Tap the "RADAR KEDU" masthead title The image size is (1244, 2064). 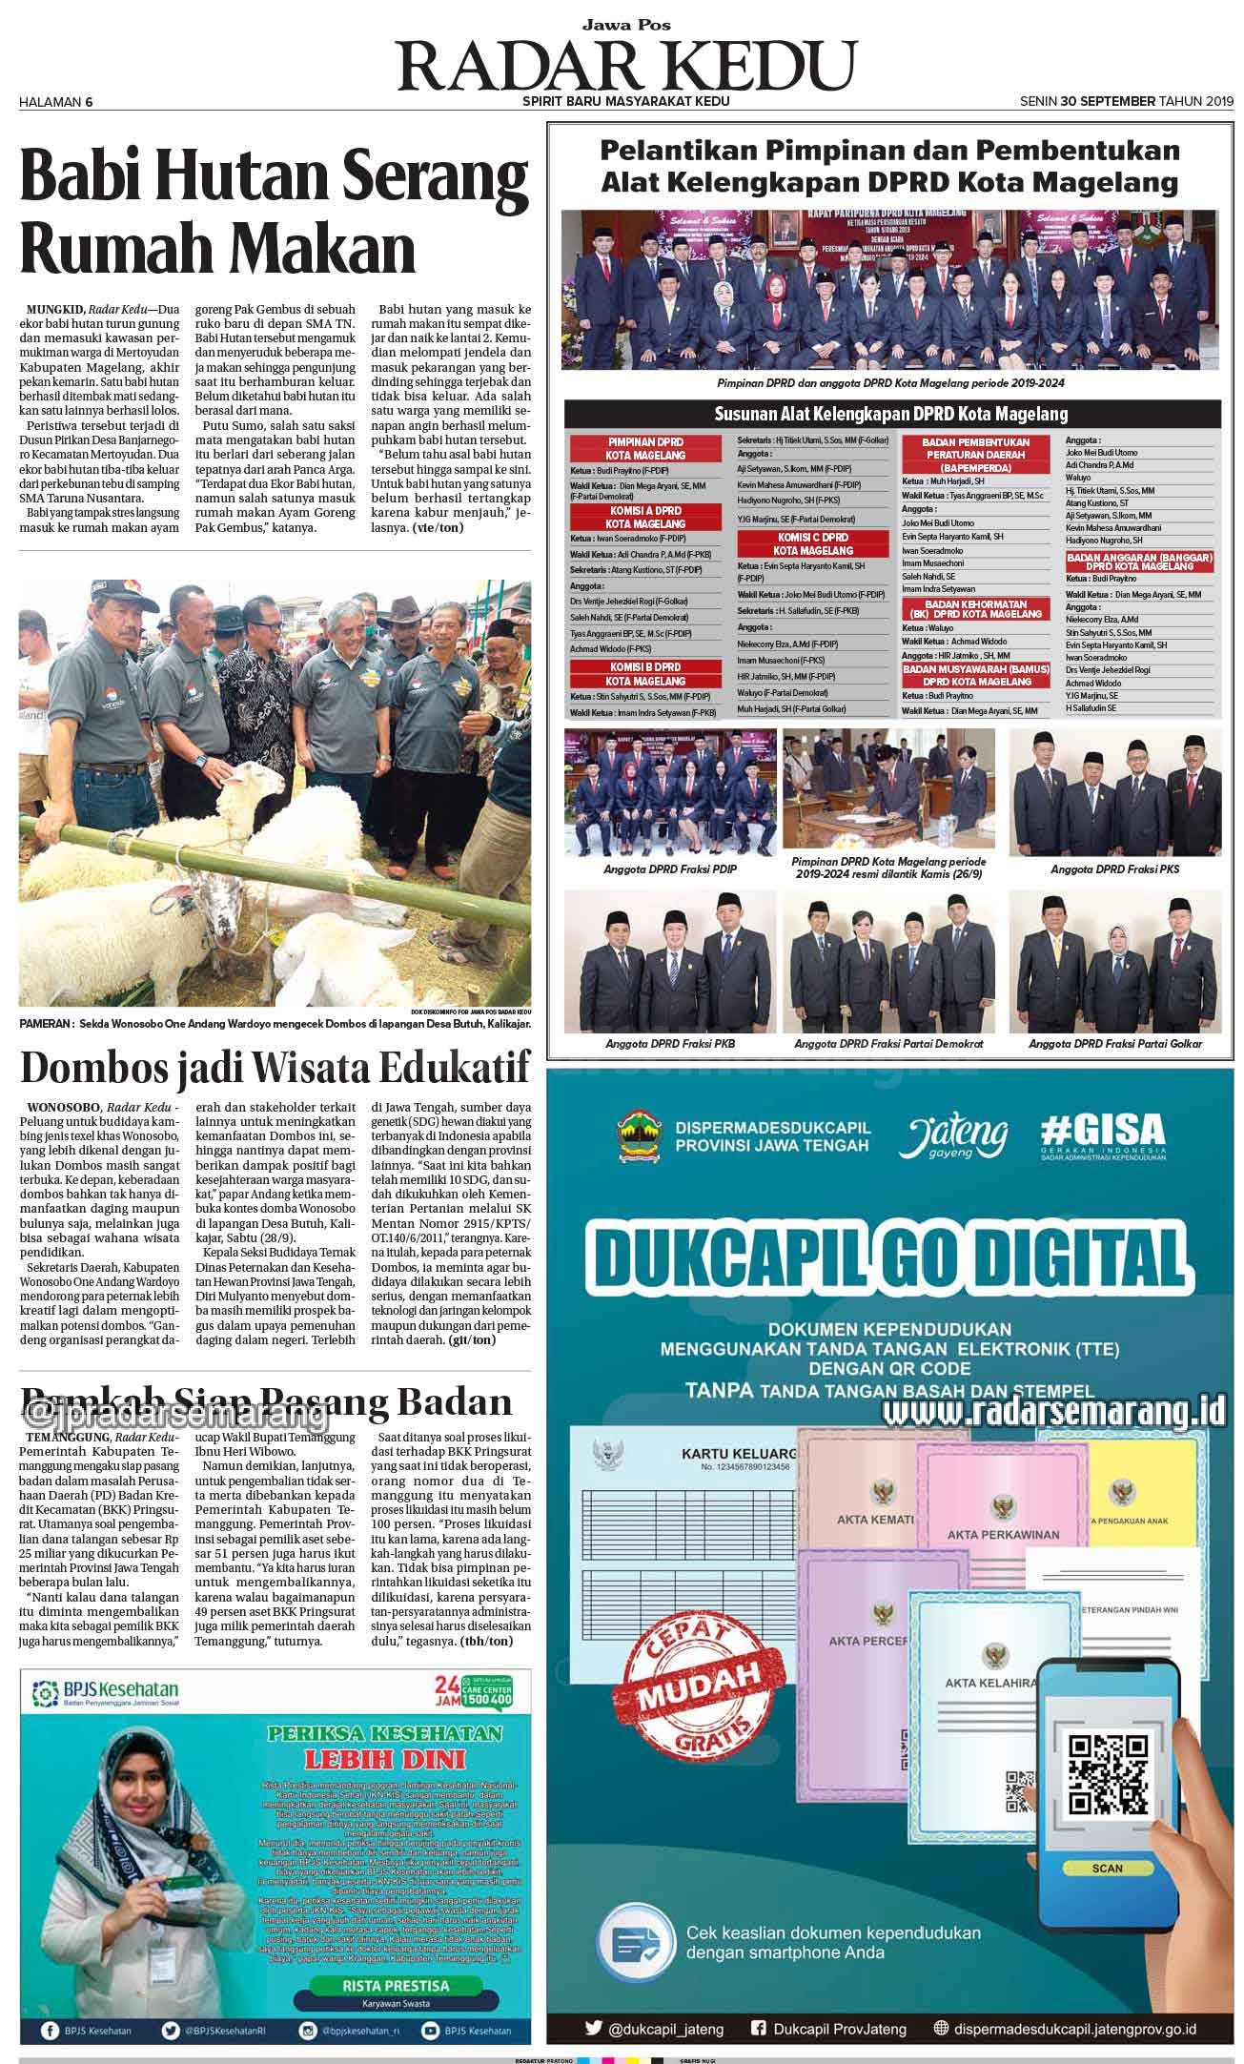[x=626, y=65]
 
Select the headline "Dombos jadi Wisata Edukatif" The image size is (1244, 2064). [x=275, y=1069]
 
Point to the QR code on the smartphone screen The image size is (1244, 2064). [x=1106, y=1775]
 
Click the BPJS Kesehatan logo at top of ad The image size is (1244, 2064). [x=108, y=1693]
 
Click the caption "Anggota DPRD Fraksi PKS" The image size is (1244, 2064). [x=1112, y=869]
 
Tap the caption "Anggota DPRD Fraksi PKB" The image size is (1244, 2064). [x=670, y=1044]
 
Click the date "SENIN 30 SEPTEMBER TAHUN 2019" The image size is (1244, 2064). [x=1126, y=101]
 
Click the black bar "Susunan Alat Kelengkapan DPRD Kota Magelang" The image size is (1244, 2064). [x=890, y=414]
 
